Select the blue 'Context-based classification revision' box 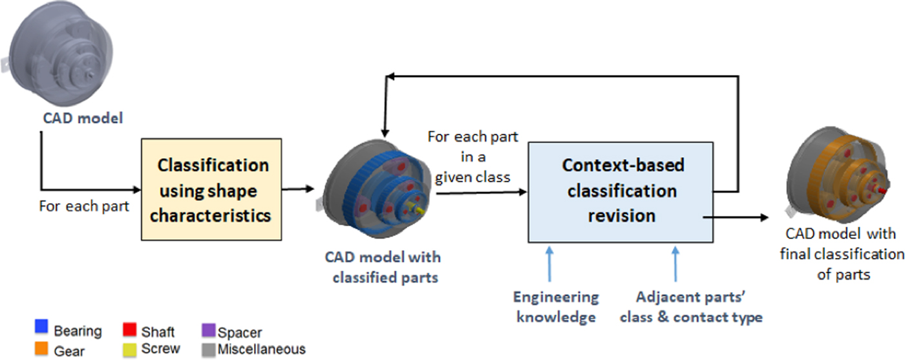coord(621,191)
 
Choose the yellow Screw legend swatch coord(129,348)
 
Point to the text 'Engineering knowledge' coord(556,307)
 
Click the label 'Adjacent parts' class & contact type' coord(691,307)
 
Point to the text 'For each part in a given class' coord(473,156)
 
